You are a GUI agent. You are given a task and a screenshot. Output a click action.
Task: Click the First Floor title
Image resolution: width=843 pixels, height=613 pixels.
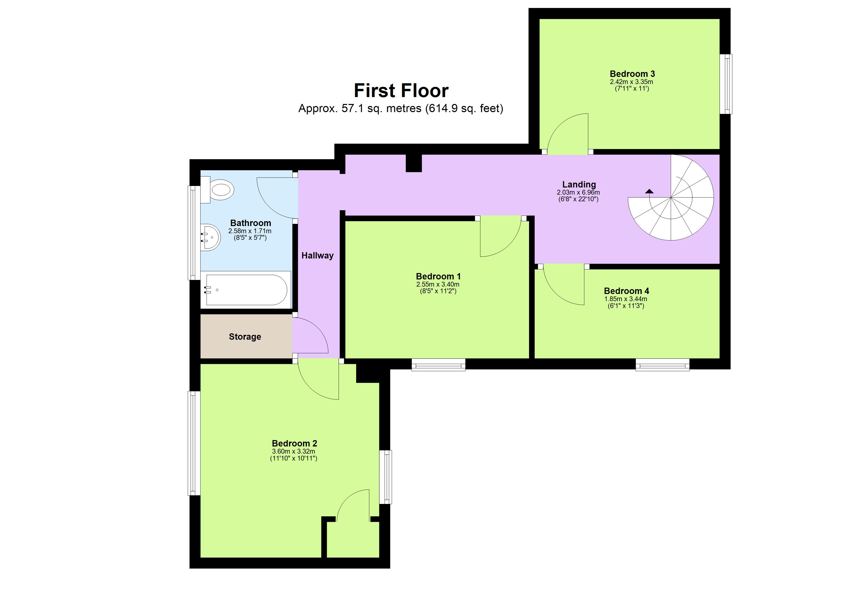401,90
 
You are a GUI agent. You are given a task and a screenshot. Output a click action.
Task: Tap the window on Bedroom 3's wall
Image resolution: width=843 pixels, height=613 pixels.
725,84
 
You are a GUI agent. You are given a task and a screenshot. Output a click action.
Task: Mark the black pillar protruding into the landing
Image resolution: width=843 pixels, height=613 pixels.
413,163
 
